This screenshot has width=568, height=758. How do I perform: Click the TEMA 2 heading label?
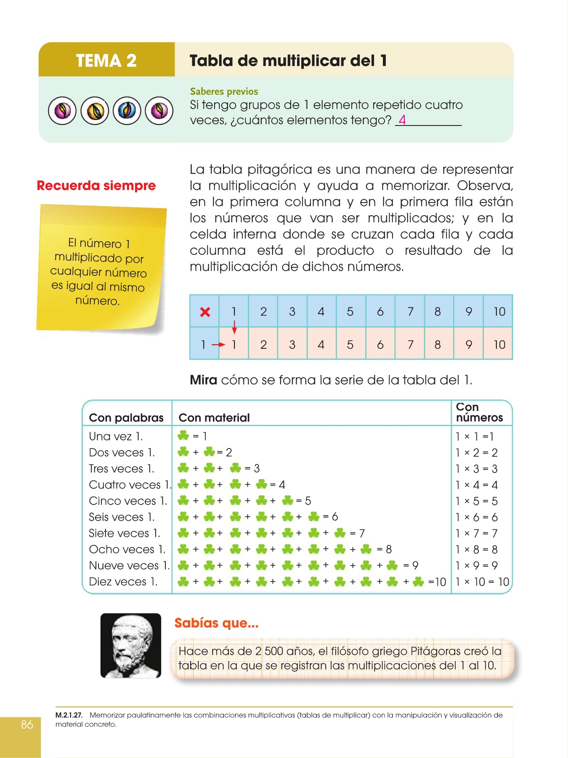click(106, 61)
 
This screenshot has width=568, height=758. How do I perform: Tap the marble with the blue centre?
click(127, 111)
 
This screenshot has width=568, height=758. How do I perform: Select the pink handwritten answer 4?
click(402, 120)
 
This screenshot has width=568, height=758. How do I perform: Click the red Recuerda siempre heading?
click(96, 186)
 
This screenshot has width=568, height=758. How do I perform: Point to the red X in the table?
click(205, 312)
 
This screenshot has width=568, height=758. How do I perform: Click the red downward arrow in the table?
click(234, 327)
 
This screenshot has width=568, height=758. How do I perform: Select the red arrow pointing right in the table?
click(218, 345)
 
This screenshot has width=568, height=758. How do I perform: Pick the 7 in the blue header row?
click(410, 312)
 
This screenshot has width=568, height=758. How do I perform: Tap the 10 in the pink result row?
click(499, 345)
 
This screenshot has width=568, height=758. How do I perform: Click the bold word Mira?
click(203, 380)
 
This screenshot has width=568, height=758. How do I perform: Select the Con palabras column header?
click(126, 418)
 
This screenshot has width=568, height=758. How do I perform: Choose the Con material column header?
click(214, 418)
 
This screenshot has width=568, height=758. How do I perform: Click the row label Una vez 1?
click(116, 436)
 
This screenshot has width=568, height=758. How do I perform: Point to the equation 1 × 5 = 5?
click(477, 501)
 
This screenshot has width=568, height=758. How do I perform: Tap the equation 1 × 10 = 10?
click(483, 582)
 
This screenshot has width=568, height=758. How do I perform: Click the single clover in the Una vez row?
click(183, 435)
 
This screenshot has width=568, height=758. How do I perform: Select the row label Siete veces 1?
click(124, 534)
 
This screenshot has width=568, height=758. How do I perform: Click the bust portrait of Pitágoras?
click(131, 645)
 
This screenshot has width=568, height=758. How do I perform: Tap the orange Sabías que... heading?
click(216, 623)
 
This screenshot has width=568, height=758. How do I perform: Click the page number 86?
click(27, 724)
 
